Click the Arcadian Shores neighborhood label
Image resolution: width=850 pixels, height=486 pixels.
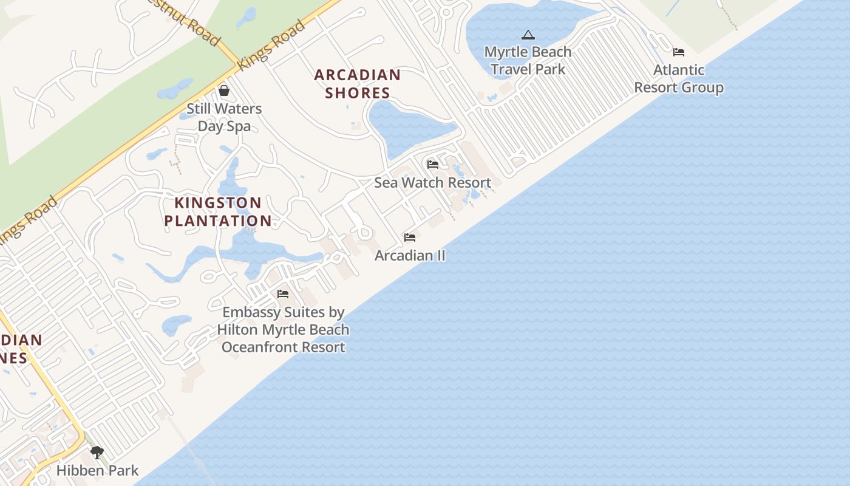pos(357,84)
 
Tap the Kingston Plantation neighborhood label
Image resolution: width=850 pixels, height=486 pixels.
pos(217,211)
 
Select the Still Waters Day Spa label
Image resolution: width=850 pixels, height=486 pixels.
pos(223,117)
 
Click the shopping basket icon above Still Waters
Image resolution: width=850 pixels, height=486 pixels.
pos(224,91)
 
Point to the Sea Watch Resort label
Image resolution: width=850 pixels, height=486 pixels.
pos(432,182)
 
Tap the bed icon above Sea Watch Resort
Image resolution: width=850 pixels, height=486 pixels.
pos(432,165)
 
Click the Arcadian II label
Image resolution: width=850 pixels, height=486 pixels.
pos(410,255)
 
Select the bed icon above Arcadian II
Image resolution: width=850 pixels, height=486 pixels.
pos(410,238)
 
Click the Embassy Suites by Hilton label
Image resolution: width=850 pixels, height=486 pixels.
pos(283,329)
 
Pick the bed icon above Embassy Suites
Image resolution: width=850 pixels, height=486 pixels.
pos(283,294)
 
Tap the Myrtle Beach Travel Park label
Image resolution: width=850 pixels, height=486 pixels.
pos(528,61)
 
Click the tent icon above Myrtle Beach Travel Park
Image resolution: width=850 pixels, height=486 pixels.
pos(528,35)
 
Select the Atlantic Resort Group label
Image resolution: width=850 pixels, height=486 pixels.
pos(679,78)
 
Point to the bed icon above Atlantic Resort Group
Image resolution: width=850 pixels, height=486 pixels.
pos(679,52)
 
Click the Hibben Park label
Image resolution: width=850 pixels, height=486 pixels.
pos(97,470)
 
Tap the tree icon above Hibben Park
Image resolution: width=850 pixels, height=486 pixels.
pos(97,453)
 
